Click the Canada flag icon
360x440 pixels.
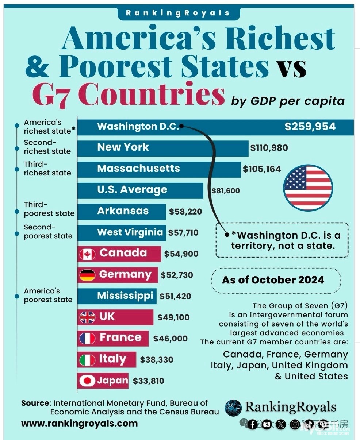click(x=87, y=254)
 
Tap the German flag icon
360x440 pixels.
click(x=87, y=275)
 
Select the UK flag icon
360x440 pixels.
click(x=87, y=317)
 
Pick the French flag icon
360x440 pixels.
click(x=87, y=339)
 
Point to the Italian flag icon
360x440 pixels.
click(x=87, y=360)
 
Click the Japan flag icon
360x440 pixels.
click(x=87, y=381)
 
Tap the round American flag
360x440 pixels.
click(x=308, y=188)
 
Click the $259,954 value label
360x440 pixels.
click(x=310, y=127)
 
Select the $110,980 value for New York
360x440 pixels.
click(x=269, y=148)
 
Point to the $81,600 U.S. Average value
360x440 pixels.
click(x=226, y=190)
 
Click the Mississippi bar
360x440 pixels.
click(x=117, y=296)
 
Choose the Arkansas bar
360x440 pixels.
click(x=122, y=211)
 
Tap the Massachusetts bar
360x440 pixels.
click(x=159, y=169)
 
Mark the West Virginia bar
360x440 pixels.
click(x=122, y=232)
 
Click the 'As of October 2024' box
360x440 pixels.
click(x=273, y=280)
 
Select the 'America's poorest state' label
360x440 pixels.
click(x=48, y=296)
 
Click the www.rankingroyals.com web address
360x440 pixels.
click(x=79, y=423)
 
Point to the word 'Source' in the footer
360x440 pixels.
click(x=35, y=403)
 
